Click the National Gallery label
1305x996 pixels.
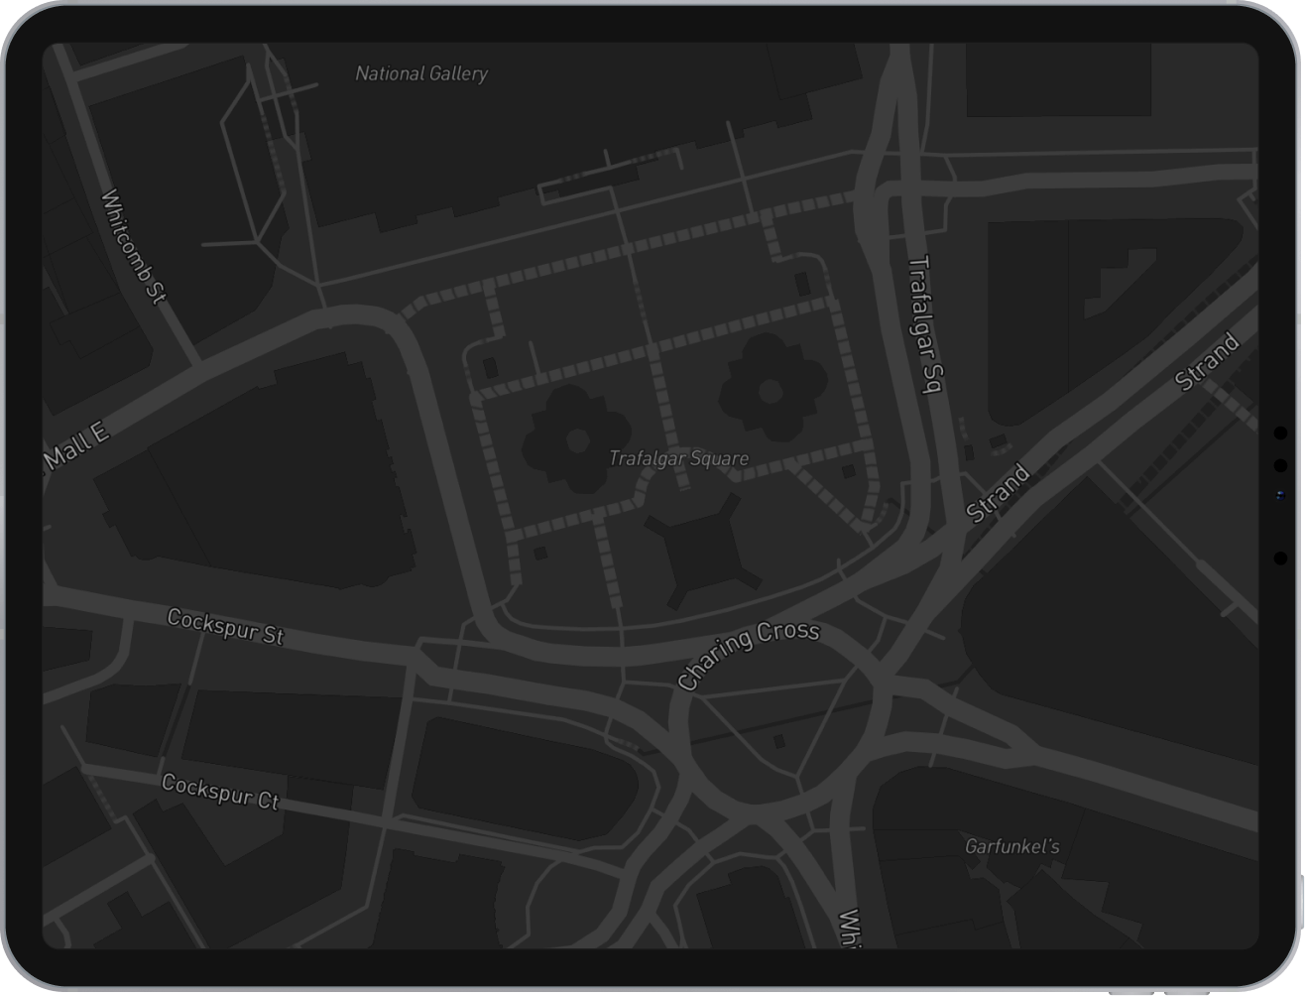coord(421,73)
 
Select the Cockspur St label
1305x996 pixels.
coord(226,626)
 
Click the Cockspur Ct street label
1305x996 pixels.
coord(220,792)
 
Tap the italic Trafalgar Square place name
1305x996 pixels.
coord(678,458)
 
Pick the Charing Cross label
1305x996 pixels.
coord(748,654)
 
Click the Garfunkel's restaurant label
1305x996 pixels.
coord(1011,846)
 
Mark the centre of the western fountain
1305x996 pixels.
coord(577,440)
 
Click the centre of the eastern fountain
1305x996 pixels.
coord(771,390)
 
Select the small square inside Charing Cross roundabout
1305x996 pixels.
coord(779,741)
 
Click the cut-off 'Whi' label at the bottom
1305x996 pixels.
coord(849,930)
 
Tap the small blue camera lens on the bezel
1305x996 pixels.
coord(1280,495)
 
